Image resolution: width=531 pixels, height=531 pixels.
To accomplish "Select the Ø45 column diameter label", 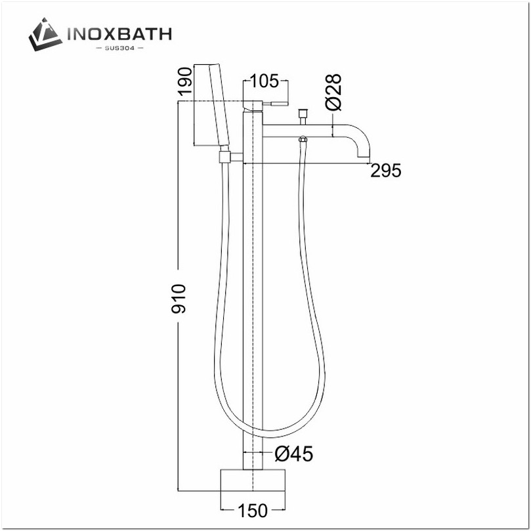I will point(293,454).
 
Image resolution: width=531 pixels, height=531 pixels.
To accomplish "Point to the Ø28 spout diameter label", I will point(333,92).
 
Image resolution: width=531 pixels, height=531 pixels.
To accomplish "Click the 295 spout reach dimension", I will point(385,171).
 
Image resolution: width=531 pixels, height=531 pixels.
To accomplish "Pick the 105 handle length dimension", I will point(266,81).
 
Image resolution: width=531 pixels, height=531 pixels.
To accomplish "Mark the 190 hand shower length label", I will point(184,81).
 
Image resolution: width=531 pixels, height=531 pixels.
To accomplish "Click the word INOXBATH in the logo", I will point(118,33).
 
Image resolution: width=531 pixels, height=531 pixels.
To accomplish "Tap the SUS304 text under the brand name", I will point(118,48).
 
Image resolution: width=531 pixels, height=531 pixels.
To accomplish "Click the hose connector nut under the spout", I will point(303,140).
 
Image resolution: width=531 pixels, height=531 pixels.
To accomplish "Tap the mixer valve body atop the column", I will point(253,105).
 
